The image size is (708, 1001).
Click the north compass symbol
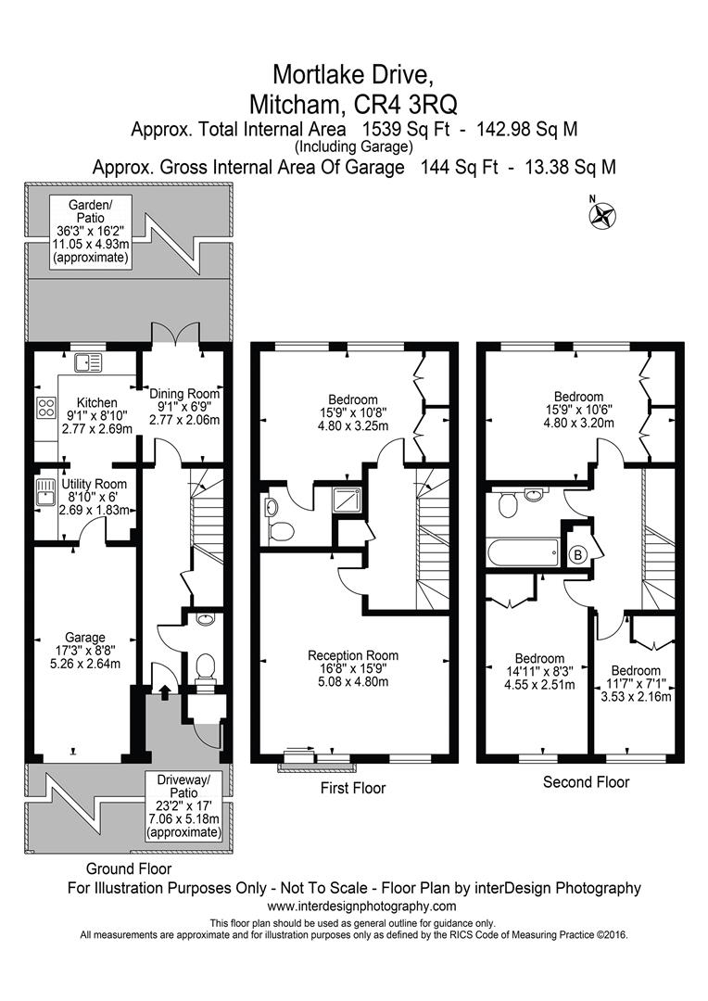[602, 214]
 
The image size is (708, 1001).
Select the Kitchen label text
[97, 403]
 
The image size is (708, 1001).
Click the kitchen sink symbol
[88, 362]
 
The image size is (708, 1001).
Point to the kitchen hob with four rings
[47, 407]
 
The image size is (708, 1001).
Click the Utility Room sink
[46, 492]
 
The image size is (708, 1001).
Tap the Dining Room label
[184, 394]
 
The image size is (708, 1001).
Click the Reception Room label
[353, 655]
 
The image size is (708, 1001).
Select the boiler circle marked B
[577, 555]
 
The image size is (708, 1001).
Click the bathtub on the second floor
[523, 551]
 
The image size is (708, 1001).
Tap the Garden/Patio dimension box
[92, 231]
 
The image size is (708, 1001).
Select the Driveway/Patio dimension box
[183, 805]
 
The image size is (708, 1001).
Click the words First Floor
[353, 788]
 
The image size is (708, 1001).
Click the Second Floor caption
[586, 782]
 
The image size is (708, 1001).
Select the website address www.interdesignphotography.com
[361, 906]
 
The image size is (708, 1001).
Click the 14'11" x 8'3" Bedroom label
[539, 672]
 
